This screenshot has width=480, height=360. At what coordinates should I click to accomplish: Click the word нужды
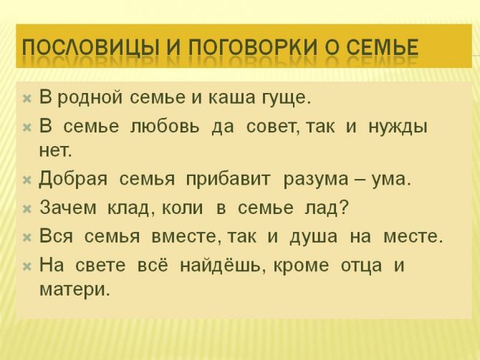(398, 127)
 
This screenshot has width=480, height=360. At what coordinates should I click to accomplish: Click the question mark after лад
(343, 208)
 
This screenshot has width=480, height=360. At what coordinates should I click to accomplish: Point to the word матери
(75, 291)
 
